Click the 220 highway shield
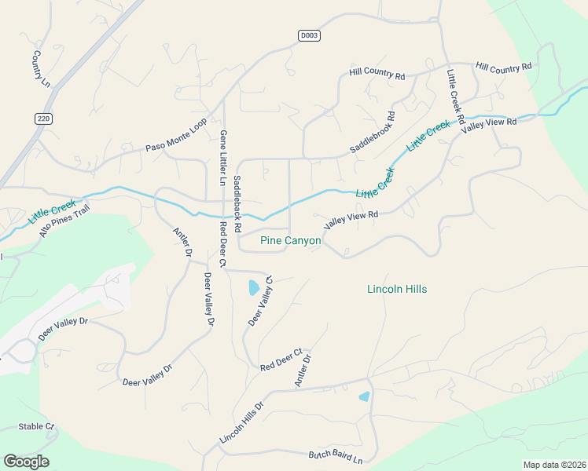coord(42,119)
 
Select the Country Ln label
coord(36,69)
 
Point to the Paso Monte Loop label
coord(175,135)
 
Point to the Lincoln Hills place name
coord(397,289)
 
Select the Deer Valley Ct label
coord(259,301)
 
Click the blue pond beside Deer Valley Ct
coord(253,287)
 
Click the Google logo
coord(26,462)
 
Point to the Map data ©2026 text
coord(554,465)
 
